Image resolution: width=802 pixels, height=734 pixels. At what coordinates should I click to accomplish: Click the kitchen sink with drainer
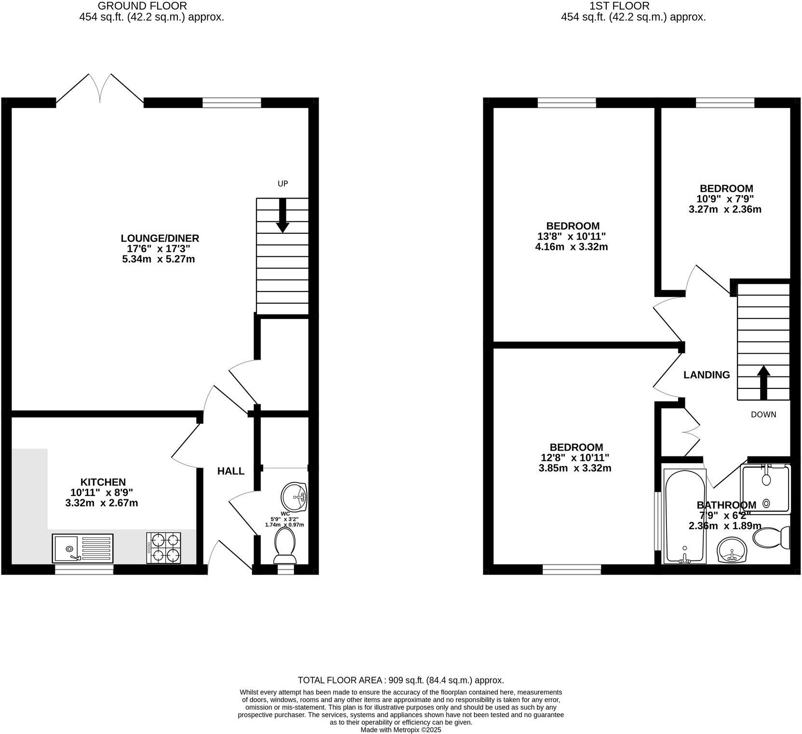coord(83,548)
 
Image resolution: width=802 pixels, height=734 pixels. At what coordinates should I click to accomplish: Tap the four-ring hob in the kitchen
coord(163,548)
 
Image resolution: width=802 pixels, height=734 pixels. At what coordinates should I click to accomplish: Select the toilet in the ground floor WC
coord(285,546)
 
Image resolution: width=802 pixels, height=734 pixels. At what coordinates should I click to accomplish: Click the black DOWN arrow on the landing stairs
coord(763,382)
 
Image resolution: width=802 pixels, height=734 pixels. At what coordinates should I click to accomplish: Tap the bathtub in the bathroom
coord(684,516)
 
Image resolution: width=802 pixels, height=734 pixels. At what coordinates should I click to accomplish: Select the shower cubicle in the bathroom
coord(766,488)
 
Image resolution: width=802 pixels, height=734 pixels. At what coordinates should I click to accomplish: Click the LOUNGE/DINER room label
coord(160,238)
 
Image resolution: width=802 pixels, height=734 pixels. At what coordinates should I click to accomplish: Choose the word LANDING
coord(707,375)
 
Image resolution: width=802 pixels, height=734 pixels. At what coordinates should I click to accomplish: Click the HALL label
coord(231,471)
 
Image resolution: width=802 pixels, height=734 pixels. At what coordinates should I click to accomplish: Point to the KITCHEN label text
coord(103,482)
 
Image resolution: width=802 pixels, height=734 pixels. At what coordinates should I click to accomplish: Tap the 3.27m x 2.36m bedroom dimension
coord(725,210)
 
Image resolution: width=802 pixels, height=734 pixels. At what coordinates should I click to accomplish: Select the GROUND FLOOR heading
coord(142,6)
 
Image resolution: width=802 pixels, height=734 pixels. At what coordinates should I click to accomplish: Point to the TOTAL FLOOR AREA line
coord(401,681)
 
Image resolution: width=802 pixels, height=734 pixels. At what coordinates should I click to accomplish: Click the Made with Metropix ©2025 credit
coord(401,730)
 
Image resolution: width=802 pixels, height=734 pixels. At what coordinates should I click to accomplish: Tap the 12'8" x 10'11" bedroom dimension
coord(575,457)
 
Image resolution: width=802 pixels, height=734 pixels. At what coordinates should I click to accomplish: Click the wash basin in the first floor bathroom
coord(732,550)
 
